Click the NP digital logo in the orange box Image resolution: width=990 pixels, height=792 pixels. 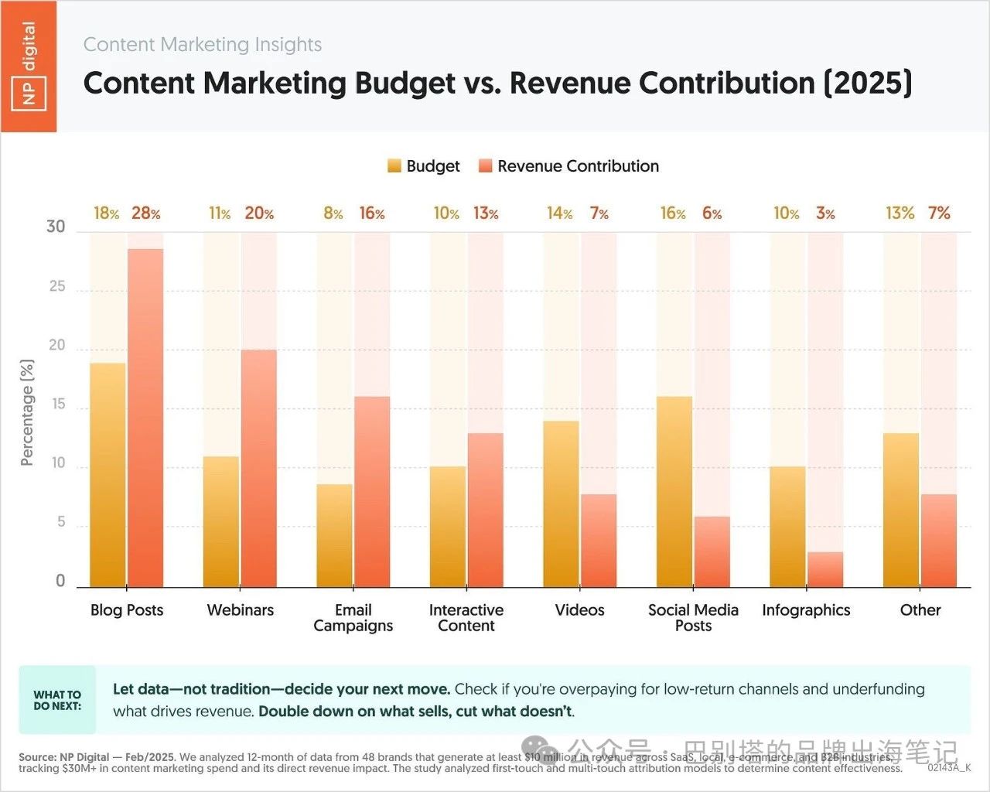point(29,66)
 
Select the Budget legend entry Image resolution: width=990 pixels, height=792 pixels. point(424,166)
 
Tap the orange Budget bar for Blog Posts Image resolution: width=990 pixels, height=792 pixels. point(108,476)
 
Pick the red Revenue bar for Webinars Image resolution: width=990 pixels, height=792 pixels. point(259,469)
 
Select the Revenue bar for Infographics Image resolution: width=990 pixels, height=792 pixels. point(825,570)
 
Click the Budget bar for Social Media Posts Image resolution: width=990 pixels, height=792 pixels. point(674,492)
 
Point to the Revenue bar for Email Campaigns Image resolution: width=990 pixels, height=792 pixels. point(372,492)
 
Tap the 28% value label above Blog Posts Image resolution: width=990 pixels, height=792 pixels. point(145,213)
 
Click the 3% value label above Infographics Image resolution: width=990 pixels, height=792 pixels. point(825,213)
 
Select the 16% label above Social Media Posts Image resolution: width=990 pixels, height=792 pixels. point(673,213)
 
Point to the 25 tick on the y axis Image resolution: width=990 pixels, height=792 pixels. point(57,287)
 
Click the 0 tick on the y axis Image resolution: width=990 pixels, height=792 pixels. point(60,582)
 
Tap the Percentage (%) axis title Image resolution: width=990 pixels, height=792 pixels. point(28,412)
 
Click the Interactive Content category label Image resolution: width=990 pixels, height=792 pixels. point(466,618)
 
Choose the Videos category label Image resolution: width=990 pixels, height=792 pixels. point(579,610)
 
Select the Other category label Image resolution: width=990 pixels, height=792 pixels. point(920,610)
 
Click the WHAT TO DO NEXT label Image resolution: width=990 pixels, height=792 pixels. point(57,700)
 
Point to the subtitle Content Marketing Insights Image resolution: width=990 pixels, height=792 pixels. point(203,45)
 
